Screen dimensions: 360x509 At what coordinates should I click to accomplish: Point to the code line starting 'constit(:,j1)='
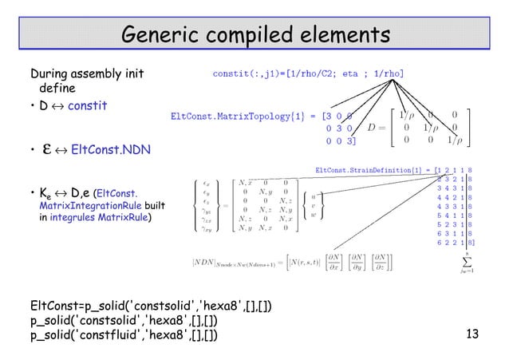coord(307,73)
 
